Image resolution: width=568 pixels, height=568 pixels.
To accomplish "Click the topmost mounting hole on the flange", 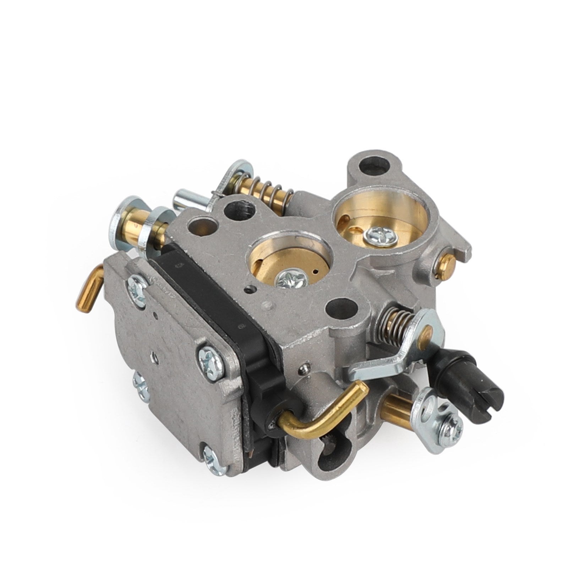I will (x=366, y=165).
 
